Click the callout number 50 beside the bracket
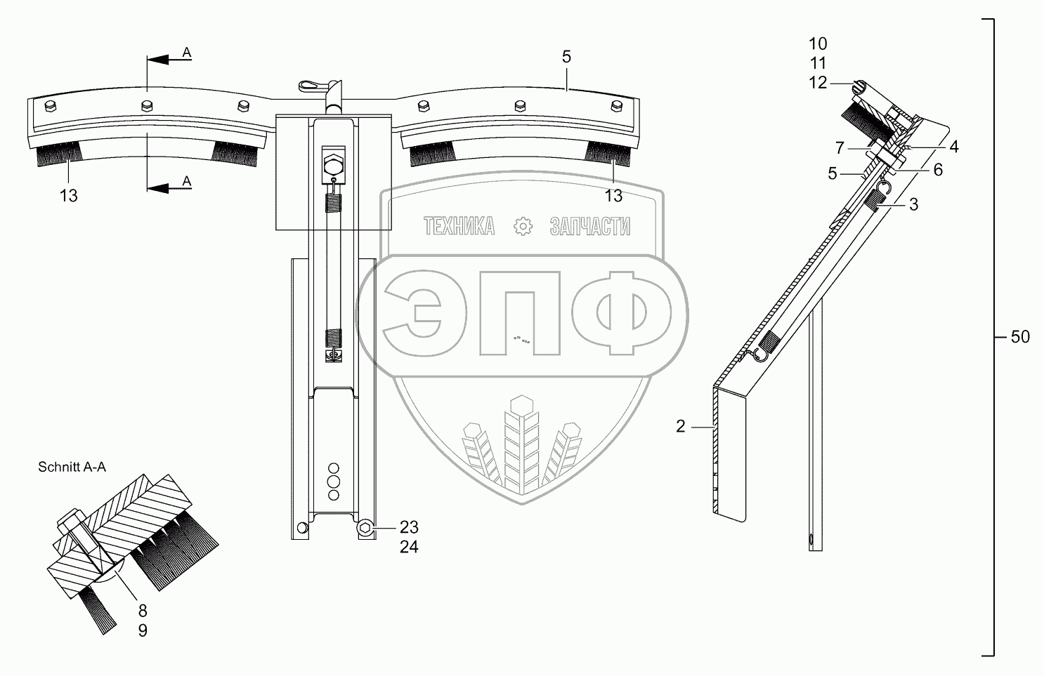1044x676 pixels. [1020, 338]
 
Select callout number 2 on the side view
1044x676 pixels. [680, 426]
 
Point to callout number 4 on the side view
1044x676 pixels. [953, 147]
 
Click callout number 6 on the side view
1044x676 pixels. [938, 170]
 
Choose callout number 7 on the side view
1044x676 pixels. [839, 147]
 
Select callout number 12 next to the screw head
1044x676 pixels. [818, 83]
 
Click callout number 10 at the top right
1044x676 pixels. [818, 44]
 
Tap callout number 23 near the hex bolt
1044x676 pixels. [409, 527]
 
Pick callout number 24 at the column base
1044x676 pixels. [409, 547]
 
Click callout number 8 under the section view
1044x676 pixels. [142, 611]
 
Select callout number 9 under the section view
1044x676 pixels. [142, 630]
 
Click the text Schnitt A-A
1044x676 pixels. [72, 468]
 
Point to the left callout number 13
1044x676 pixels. [68, 196]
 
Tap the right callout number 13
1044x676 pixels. [613, 196]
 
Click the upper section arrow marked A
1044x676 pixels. [169, 60]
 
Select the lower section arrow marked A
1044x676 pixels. [169, 187]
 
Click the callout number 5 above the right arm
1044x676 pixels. [566, 58]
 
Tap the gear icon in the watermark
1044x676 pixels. [522, 226]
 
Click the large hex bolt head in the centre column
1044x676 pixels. [332, 166]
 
